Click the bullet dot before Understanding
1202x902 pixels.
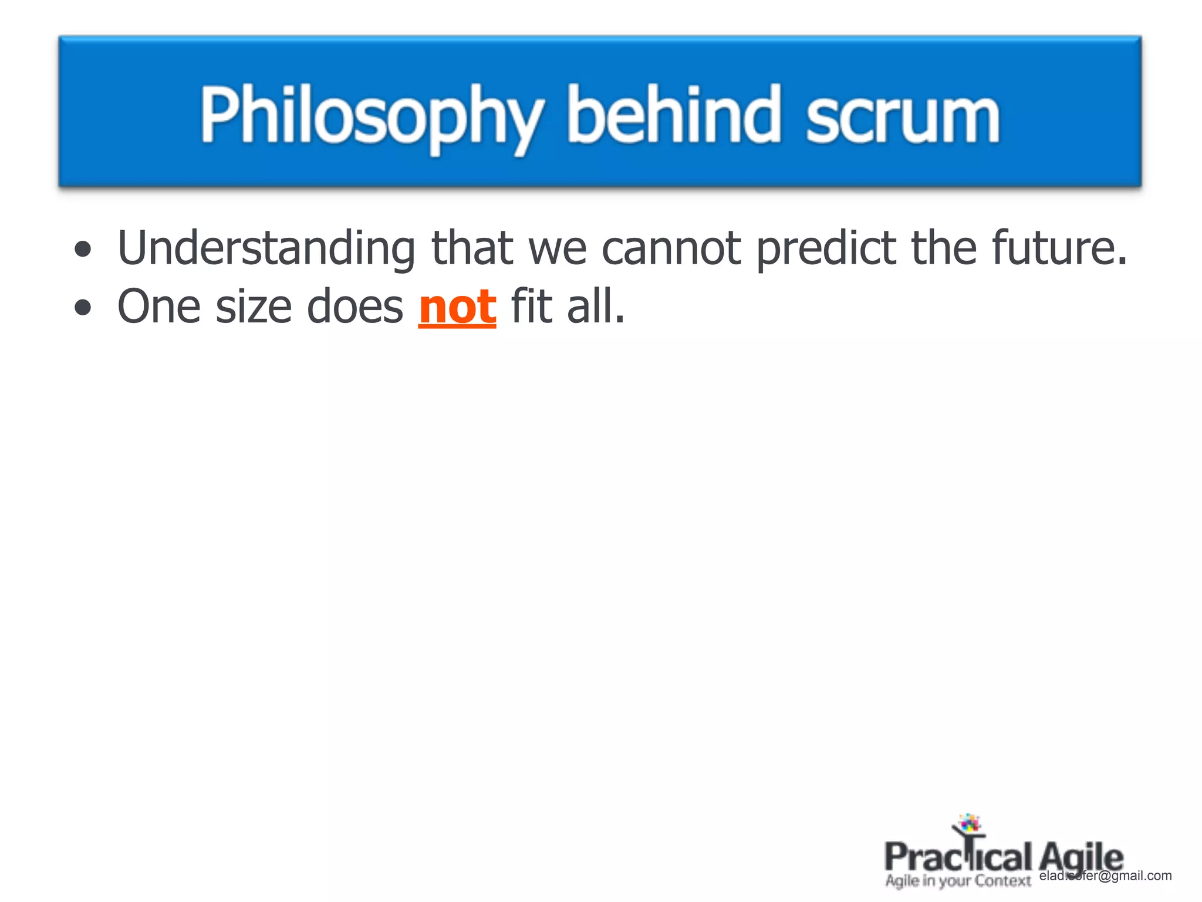(x=83, y=249)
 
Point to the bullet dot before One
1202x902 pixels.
(x=83, y=307)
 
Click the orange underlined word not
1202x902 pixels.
(x=457, y=307)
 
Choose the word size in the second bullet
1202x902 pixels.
(x=254, y=307)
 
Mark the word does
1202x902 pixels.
(x=354, y=307)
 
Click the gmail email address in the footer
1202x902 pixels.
(x=1105, y=876)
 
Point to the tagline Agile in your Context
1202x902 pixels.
(x=958, y=881)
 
